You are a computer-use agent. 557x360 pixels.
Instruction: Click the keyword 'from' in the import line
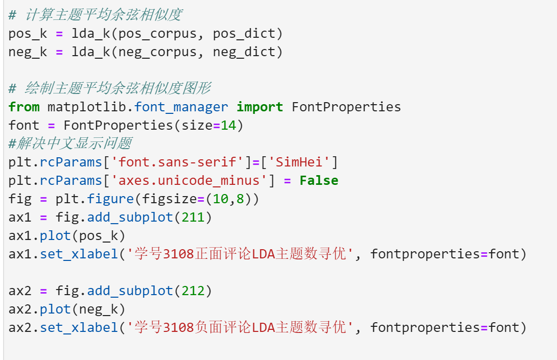24,107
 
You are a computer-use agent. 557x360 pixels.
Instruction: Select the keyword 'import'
260,107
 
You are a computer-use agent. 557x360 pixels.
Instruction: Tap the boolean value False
319,180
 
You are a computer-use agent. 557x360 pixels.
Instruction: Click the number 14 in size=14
228,125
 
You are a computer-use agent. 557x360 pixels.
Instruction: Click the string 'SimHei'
299,162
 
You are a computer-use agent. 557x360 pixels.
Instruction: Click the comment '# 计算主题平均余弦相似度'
95,15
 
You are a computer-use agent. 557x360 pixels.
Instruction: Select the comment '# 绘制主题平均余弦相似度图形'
109,88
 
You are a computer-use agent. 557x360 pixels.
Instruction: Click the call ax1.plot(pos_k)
67,235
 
